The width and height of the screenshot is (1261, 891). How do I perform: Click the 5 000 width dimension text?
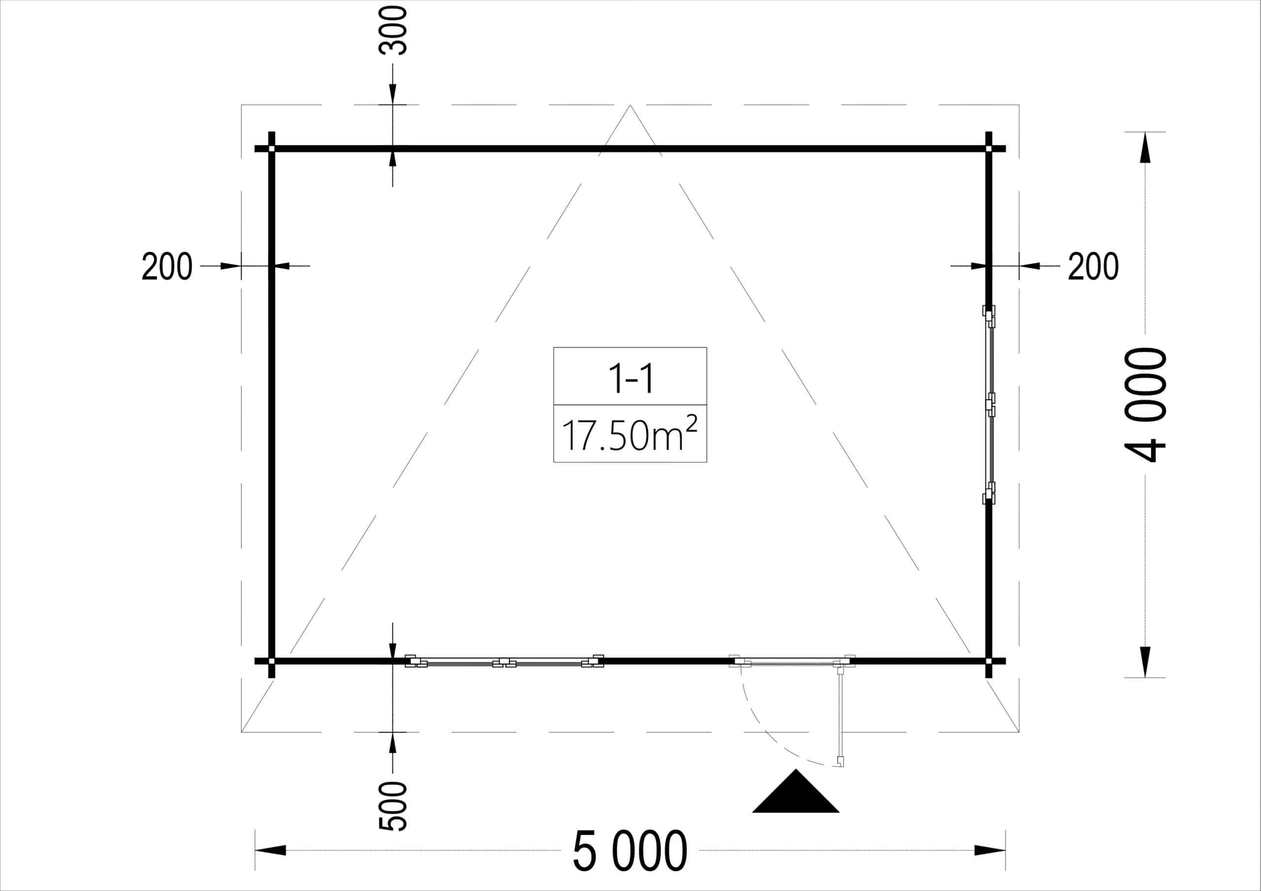[x=630, y=851]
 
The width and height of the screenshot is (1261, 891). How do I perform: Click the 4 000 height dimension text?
[x=1145, y=405]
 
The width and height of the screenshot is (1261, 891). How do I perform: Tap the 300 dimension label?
[x=393, y=31]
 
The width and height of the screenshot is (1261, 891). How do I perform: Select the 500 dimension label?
[x=393, y=806]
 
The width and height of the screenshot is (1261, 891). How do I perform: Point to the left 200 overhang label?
[x=167, y=266]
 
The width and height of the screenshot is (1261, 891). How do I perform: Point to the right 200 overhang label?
[x=1093, y=266]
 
